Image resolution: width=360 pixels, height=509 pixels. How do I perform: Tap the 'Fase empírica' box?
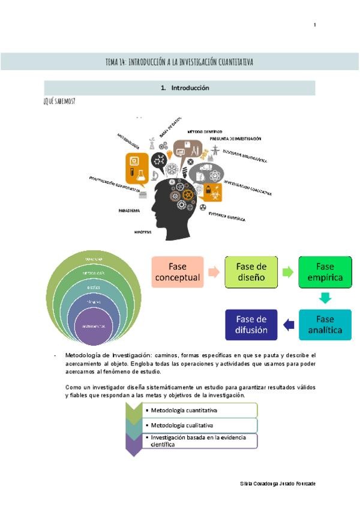click(x=325, y=271)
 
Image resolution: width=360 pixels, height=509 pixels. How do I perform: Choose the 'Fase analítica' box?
click(x=325, y=325)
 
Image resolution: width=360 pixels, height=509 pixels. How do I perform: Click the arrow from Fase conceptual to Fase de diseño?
click(x=214, y=272)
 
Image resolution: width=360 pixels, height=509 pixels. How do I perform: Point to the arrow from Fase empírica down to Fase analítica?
click(x=325, y=298)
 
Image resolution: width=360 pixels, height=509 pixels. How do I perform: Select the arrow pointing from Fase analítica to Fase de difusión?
click(x=289, y=325)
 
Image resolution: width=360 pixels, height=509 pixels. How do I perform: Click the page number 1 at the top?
click(x=314, y=25)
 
